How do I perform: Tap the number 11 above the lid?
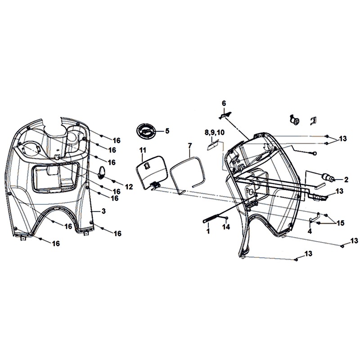click(143, 150)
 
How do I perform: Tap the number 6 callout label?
click(224, 103)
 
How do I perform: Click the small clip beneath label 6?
click(225, 116)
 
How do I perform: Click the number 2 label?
click(346, 180)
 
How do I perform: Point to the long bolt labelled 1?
click(212, 220)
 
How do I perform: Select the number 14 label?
click(225, 228)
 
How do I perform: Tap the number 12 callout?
click(129, 186)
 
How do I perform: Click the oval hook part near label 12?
click(103, 172)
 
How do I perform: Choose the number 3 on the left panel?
click(103, 211)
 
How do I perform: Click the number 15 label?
click(340, 223)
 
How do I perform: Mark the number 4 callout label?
click(310, 231)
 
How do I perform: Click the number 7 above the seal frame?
click(189, 145)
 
